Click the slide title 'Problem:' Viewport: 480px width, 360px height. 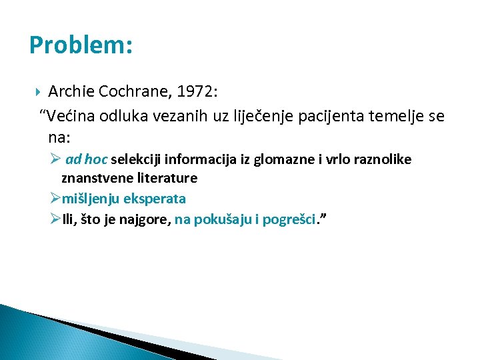81,45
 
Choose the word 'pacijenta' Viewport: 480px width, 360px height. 318,117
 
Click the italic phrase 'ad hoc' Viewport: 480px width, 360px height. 87,159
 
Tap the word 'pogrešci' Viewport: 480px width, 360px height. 288,218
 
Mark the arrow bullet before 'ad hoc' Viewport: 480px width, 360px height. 56,159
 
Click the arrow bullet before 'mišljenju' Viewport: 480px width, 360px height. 56,198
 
